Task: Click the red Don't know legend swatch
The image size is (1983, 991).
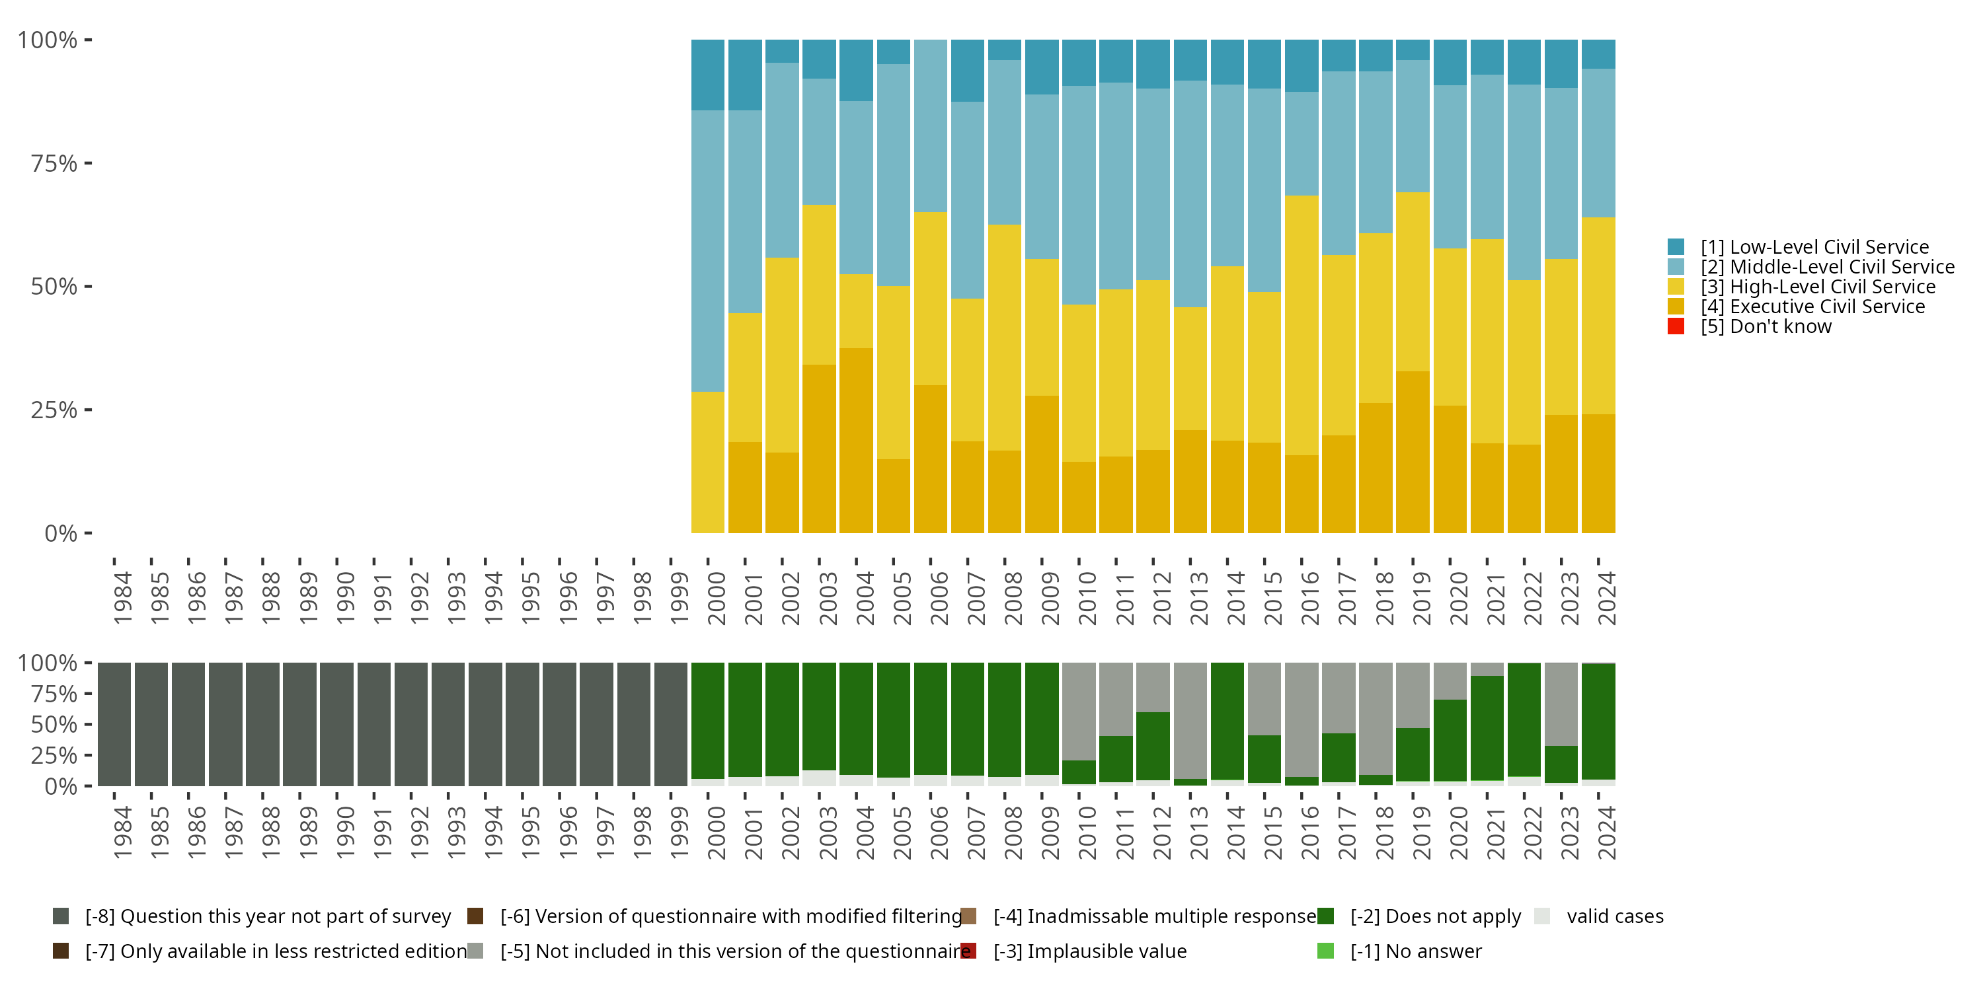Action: coord(1676,326)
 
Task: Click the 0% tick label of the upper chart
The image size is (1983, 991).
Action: coord(61,533)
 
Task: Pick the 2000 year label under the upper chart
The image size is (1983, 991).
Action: coord(717,598)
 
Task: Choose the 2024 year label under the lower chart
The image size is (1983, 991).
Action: coord(1607,832)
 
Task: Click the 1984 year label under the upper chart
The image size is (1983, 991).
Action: coord(122,598)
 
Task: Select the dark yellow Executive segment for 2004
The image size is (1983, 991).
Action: coord(856,440)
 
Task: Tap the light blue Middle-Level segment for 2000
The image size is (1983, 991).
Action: coord(707,251)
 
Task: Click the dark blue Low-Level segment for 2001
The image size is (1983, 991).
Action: coord(744,75)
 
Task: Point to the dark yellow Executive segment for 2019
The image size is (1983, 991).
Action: coord(1413,452)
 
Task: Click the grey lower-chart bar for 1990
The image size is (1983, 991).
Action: coord(336,724)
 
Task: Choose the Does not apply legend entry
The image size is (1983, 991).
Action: coord(1435,916)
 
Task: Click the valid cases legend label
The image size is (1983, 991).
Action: coord(1614,916)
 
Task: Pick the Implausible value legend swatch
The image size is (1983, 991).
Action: coord(968,951)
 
